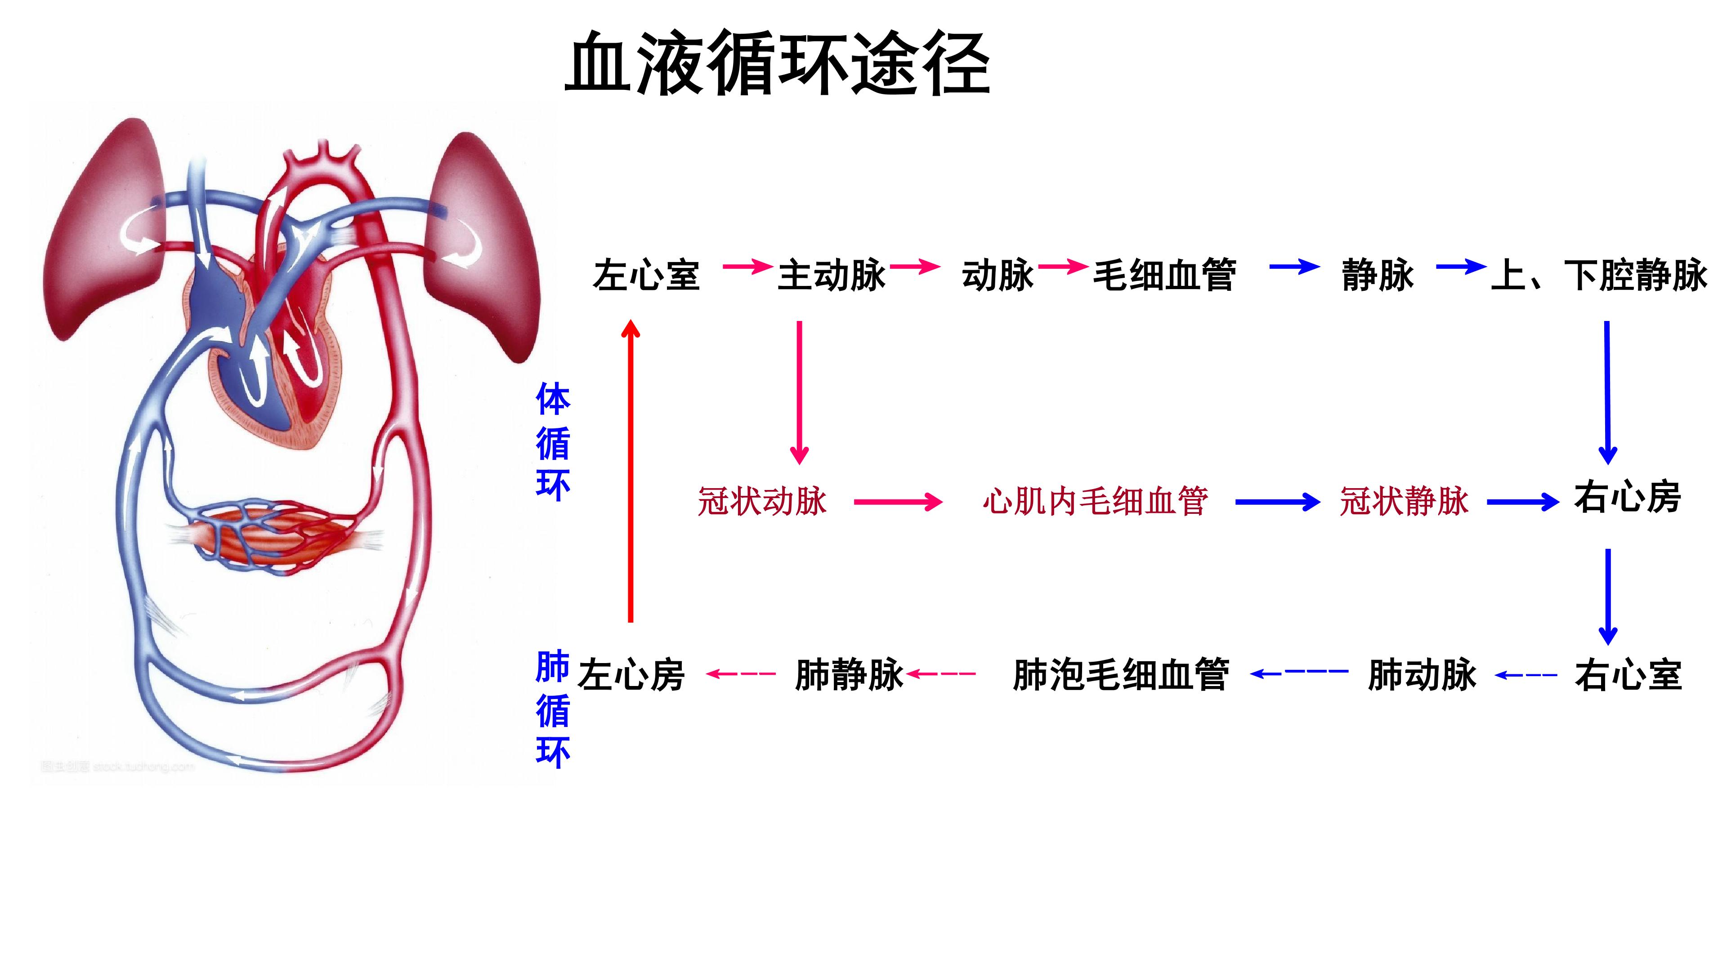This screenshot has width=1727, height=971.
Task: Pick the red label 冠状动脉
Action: coord(762,501)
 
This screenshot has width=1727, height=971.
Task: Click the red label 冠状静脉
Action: coord(1404,501)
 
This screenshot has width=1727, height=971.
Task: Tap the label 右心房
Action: coord(1628,498)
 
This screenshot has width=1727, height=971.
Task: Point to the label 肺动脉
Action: coord(1422,674)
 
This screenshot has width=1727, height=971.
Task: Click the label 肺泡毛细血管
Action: coord(1121,674)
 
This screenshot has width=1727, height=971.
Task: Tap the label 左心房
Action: coord(631,674)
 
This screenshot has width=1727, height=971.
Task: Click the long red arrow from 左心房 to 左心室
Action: coord(630,471)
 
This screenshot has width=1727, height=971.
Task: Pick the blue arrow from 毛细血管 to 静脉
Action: coord(1295,267)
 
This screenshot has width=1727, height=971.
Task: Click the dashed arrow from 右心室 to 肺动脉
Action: coord(1526,675)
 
